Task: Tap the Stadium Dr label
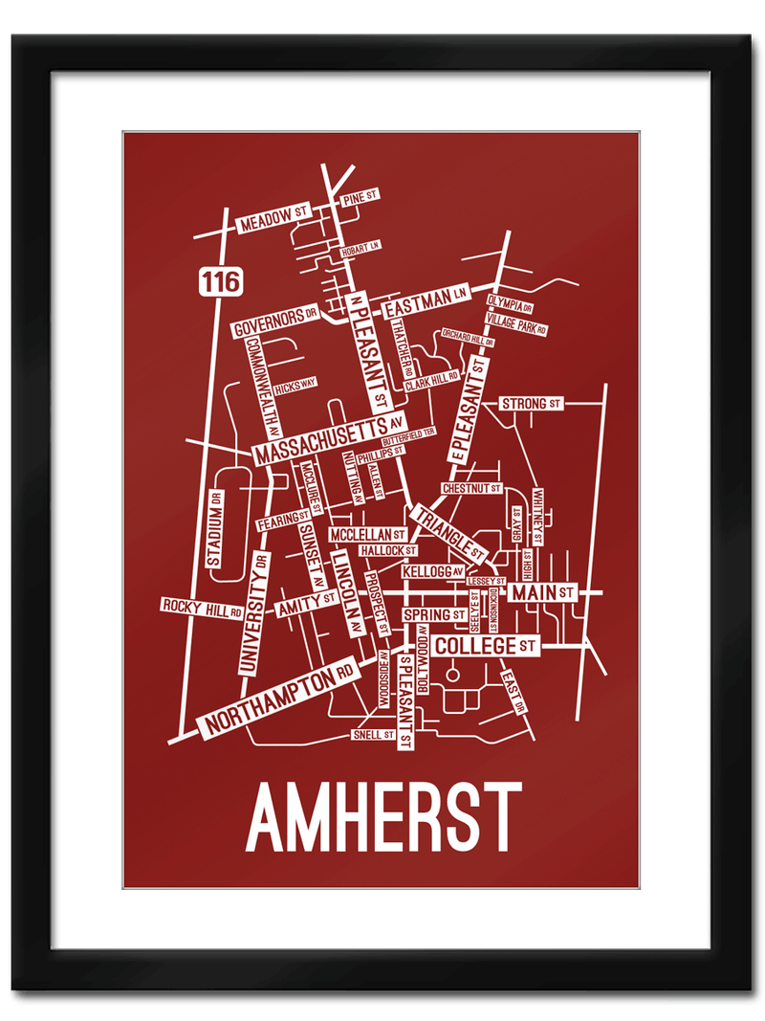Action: pyautogui.click(x=215, y=531)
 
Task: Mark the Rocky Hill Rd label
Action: pyautogui.click(x=201, y=606)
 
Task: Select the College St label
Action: pyautogui.click(x=487, y=647)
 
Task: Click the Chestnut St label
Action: pyautogui.click(x=471, y=488)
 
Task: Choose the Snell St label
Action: pyautogui.click(x=372, y=735)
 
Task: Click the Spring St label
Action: pyautogui.click(x=433, y=613)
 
